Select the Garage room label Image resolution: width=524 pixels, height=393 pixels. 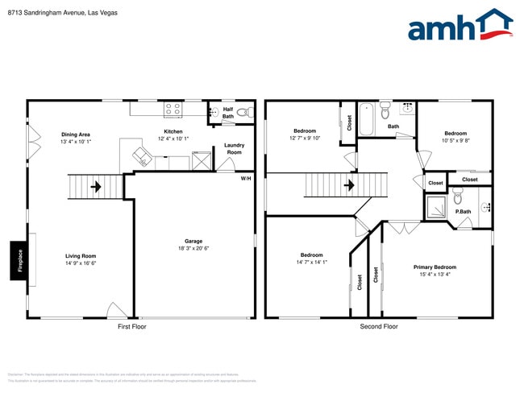tap(193, 241)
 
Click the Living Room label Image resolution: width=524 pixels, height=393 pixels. tap(81, 256)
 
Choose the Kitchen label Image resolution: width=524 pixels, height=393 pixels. tap(173, 131)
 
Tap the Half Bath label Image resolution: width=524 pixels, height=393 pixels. tap(228, 113)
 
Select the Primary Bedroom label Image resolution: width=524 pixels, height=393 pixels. tap(435, 267)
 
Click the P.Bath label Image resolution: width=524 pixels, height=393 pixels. tap(463, 212)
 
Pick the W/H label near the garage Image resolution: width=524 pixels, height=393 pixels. tap(245, 178)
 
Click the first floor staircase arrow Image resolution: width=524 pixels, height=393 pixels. tap(96, 188)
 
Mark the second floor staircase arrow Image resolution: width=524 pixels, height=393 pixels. tap(349, 186)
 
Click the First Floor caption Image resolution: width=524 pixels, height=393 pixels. tap(135, 326)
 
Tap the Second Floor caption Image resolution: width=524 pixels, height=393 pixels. tap(379, 326)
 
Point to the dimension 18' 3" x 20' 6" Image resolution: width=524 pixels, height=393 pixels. tap(193, 248)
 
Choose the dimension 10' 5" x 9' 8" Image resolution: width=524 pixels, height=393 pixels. tap(455, 141)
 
